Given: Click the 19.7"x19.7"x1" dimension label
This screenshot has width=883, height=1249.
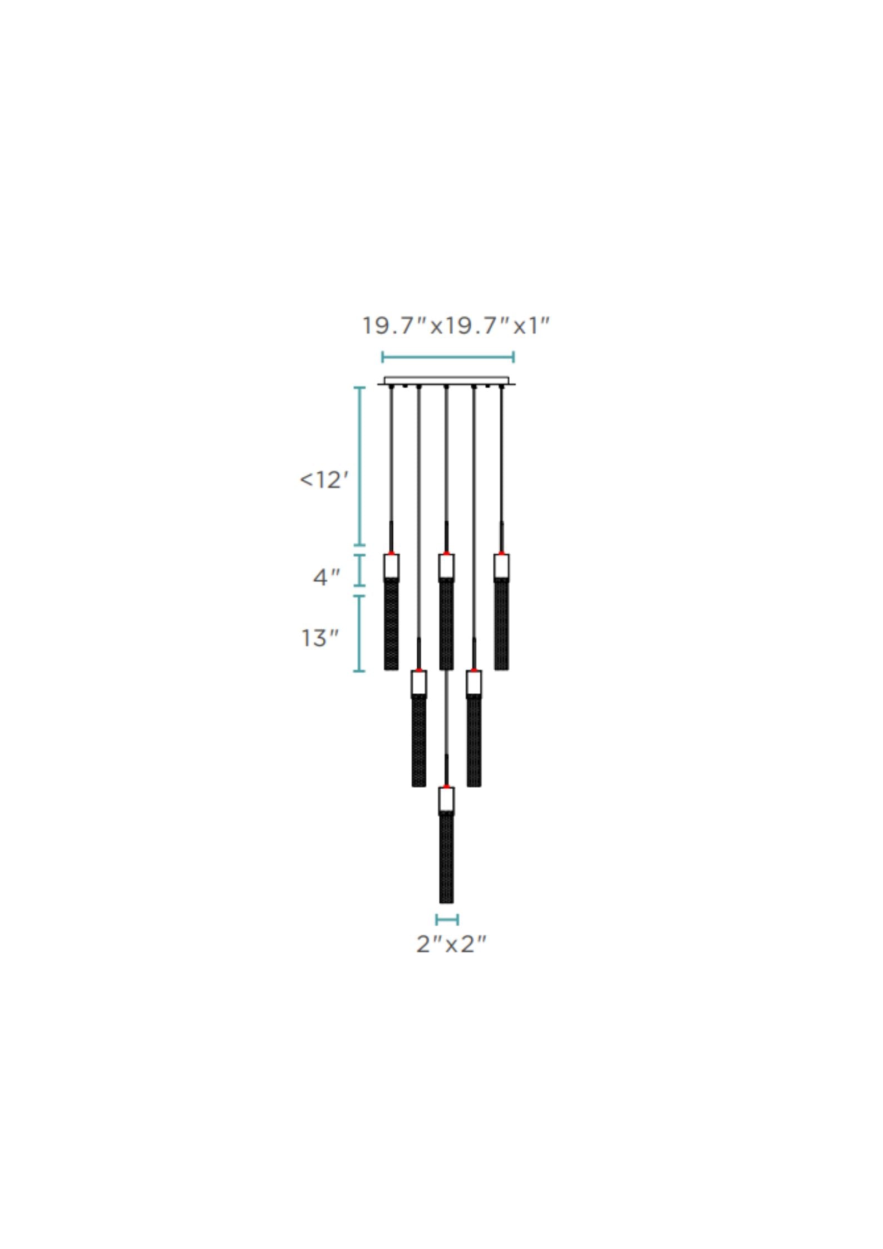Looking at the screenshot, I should [455, 326].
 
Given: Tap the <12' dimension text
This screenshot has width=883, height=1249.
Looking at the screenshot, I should [324, 480].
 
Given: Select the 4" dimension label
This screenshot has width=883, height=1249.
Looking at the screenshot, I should [326, 577].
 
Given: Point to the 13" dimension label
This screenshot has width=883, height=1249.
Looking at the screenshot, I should [320, 638].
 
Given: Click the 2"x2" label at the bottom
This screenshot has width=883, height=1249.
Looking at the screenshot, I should [451, 944].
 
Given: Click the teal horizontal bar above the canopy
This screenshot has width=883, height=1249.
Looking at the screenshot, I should [447, 357].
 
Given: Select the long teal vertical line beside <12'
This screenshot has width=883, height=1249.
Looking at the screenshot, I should [360, 466].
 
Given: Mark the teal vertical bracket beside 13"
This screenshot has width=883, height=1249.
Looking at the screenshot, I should [359, 634].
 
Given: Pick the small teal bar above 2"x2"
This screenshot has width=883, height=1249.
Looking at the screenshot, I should [447, 920].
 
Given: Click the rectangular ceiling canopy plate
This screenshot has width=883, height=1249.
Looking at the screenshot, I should [446, 381].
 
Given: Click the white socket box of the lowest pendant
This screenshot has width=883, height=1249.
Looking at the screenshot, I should [446, 799].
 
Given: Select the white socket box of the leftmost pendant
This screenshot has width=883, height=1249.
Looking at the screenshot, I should [391, 567].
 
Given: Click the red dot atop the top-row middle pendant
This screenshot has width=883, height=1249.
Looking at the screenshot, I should [446, 553].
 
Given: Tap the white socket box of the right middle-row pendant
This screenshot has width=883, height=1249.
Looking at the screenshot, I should [473, 683].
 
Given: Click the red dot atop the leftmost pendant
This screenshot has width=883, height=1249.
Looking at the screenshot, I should [391, 553].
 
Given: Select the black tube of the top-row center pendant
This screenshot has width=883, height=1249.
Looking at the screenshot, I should [446, 624].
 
